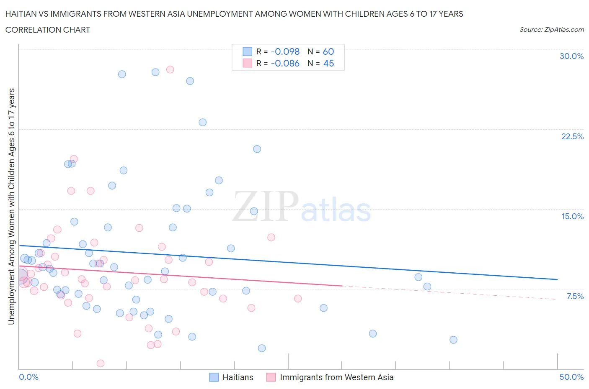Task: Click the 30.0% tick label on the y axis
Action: point(571,56)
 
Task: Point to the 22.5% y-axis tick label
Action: point(572,136)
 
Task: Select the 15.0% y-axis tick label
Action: point(572,216)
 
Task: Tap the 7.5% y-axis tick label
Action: point(575,296)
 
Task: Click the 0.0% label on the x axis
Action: point(28,377)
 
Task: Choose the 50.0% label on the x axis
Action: point(571,377)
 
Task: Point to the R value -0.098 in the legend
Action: point(285,51)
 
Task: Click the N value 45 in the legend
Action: point(328,63)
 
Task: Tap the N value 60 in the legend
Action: point(328,51)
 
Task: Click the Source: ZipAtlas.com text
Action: point(551,29)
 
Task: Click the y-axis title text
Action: point(11,206)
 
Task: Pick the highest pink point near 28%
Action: point(170,69)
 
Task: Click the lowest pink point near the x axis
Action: point(101,363)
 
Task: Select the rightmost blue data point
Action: point(453,340)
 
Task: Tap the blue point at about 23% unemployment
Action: point(203,122)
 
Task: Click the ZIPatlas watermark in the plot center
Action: point(302,206)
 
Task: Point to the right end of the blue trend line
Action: point(557,279)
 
